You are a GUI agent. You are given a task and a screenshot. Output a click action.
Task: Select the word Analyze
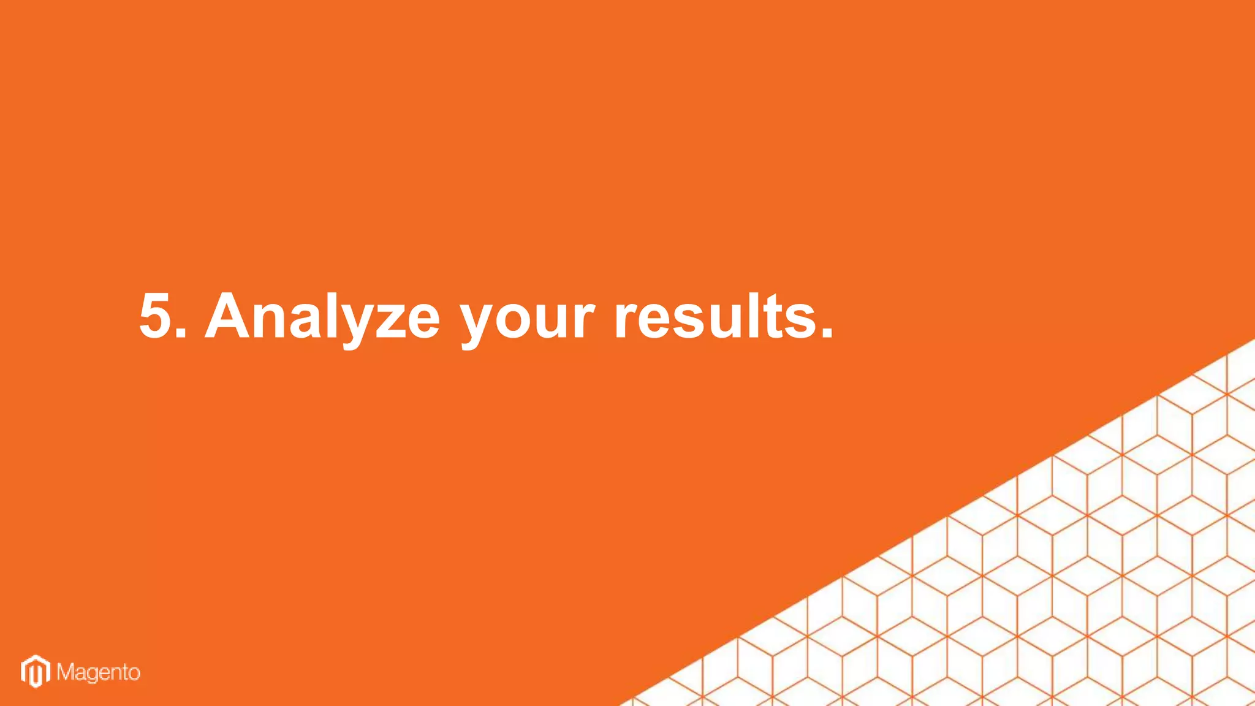[x=322, y=316]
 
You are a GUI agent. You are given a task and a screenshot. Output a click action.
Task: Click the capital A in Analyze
[x=229, y=316]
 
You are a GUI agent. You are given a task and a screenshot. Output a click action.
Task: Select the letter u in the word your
[x=555, y=321]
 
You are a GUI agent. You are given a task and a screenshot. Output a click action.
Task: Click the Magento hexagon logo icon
[x=36, y=671]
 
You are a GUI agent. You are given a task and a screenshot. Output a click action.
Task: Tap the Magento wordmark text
[x=99, y=673]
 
